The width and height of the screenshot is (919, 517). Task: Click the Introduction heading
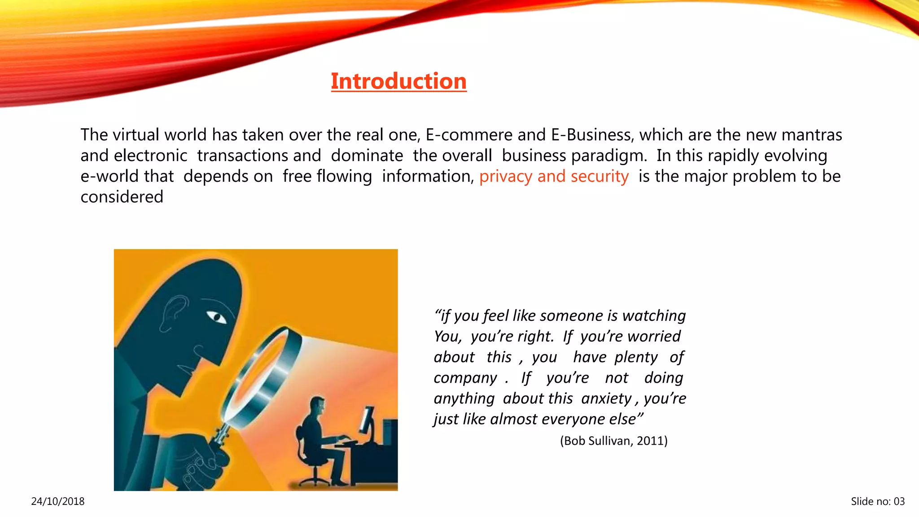(x=398, y=81)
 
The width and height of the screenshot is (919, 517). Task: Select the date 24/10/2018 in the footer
(x=57, y=501)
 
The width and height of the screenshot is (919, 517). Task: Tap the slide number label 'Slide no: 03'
(x=878, y=501)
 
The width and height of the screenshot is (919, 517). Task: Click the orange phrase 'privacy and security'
(x=554, y=176)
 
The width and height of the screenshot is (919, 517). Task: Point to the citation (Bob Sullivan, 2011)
(x=613, y=441)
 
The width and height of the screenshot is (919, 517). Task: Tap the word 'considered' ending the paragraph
(x=122, y=197)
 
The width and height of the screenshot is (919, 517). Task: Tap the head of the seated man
(x=318, y=406)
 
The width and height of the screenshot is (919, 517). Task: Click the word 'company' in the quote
(x=465, y=378)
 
